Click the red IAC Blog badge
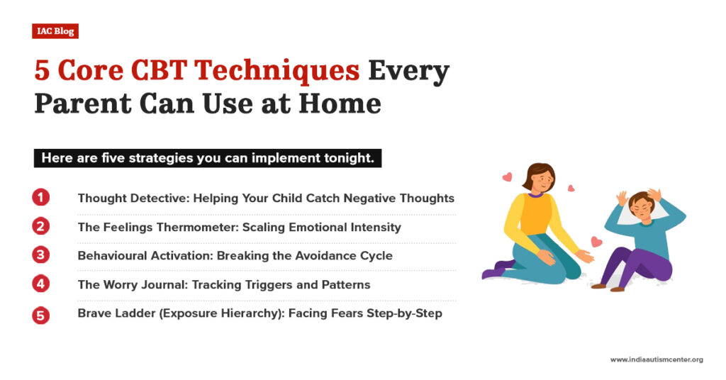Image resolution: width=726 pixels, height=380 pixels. click(x=55, y=31)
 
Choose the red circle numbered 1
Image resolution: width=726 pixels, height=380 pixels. click(x=41, y=198)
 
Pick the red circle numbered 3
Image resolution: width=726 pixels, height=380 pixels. click(x=41, y=255)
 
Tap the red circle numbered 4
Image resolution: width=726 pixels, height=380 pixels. click(x=41, y=284)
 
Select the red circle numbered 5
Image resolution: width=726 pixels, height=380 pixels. click(x=41, y=313)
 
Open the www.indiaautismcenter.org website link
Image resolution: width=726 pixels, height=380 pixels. click(x=656, y=359)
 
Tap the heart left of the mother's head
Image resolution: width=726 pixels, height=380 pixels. click(x=506, y=177)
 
